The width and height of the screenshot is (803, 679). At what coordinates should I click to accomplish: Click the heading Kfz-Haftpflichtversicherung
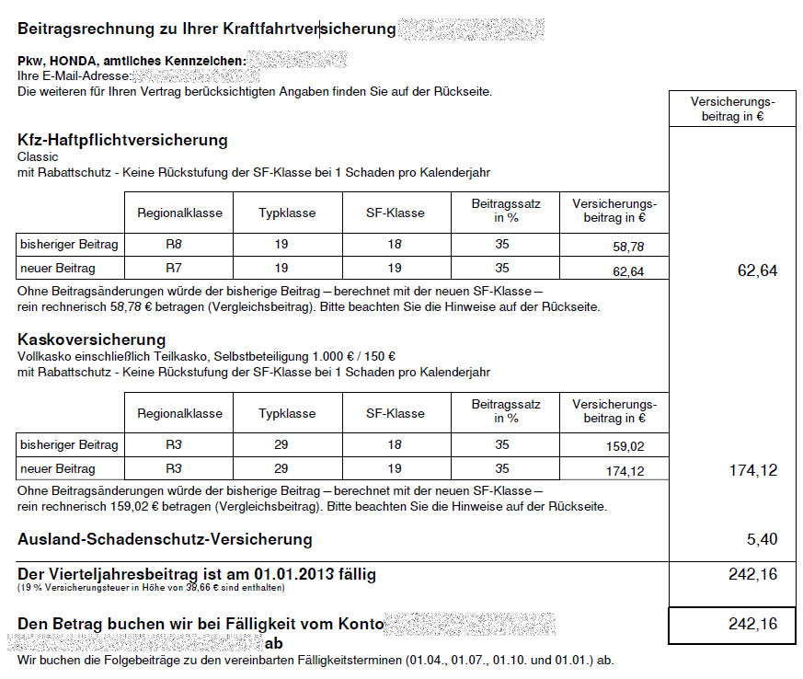(x=122, y=141)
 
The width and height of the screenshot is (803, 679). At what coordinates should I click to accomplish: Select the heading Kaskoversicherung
(x=91, y=339)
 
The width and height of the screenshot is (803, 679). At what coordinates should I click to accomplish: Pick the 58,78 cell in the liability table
(x=628, y=247)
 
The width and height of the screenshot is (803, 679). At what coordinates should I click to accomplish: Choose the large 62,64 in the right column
(x=757, y=270)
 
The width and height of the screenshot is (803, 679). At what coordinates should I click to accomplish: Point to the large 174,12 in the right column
(x=753, y=470)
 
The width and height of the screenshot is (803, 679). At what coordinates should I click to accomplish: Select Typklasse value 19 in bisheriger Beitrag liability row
(x=281, y=244)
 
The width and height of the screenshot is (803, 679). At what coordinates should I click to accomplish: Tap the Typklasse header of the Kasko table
(x=287, y=413)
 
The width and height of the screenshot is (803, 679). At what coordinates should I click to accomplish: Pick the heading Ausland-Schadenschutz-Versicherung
(x=165, y=539)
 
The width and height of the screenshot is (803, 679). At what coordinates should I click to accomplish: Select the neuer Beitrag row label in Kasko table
(x=57, y=469)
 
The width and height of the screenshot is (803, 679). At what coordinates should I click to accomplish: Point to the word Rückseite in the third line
(x=466, y=92)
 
